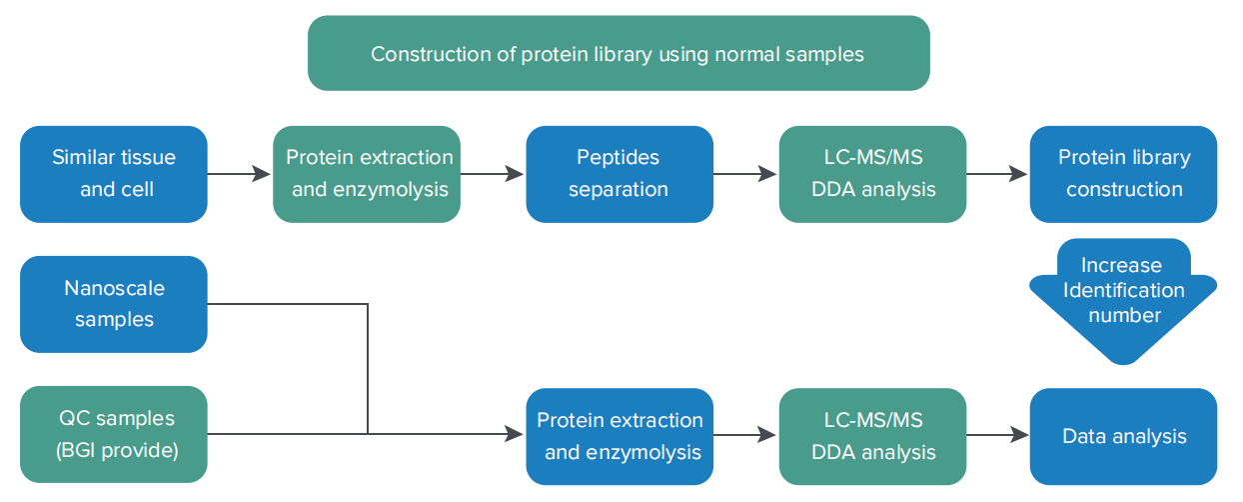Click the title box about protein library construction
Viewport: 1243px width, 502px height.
(619, 53)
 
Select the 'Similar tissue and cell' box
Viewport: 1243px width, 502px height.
(114, 174)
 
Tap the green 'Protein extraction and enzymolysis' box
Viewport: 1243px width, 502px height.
(367, 174)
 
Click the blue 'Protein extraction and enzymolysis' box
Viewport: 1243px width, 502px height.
(620, 436)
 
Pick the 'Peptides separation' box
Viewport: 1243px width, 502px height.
(620, 174)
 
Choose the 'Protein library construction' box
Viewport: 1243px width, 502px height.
(1124, 174)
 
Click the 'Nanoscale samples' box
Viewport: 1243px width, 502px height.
(114, 304)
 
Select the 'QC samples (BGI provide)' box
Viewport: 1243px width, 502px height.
(114, 434)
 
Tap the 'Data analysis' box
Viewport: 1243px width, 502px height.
(1124, 436)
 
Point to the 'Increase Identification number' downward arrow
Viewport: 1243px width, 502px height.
(1124, 300)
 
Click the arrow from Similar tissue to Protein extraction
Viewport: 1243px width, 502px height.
(239, 174)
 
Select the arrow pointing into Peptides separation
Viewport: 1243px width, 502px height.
(493, 174)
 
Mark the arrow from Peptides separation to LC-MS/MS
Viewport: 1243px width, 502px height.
(745, 174)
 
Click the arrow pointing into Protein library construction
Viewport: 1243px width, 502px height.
(997, 174)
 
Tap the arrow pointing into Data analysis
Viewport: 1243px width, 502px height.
(998, 434)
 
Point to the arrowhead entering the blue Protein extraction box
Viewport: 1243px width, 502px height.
(514, 434)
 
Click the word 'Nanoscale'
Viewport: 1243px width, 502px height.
(114, 288)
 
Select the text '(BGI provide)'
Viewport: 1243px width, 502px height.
(117, 450)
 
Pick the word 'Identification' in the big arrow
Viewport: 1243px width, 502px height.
(1124, 290)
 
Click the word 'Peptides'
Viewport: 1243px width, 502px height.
(618, 158)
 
